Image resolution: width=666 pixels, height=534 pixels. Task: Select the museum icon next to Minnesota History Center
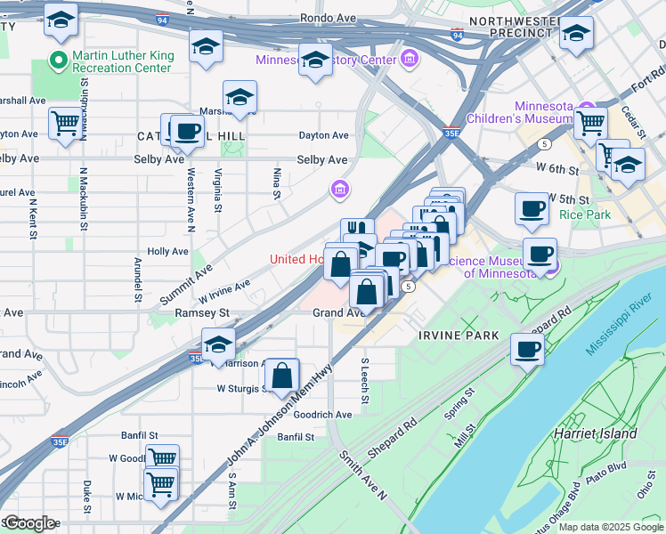pos(410,60)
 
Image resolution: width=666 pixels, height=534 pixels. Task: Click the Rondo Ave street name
pos(328,17)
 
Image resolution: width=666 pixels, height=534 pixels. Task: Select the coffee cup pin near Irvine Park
pos(526,349)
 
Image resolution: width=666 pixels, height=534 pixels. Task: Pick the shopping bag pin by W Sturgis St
pos(282,377)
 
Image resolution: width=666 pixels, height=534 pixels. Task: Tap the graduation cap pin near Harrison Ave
pos(218,345)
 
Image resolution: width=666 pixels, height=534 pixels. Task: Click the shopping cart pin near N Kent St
pos(65,125)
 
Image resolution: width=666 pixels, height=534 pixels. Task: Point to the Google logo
pos(29,523)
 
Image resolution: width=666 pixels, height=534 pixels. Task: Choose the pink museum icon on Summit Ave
pos(339,189)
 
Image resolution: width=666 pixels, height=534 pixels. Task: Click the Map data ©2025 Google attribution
pos(610,527)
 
